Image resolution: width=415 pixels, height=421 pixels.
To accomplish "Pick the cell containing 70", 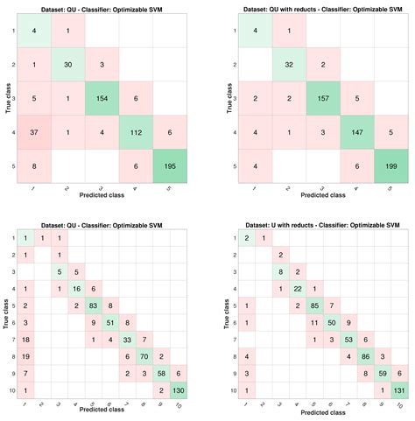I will pos(146,356).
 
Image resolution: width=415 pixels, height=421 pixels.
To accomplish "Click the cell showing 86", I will pos(363,356).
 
